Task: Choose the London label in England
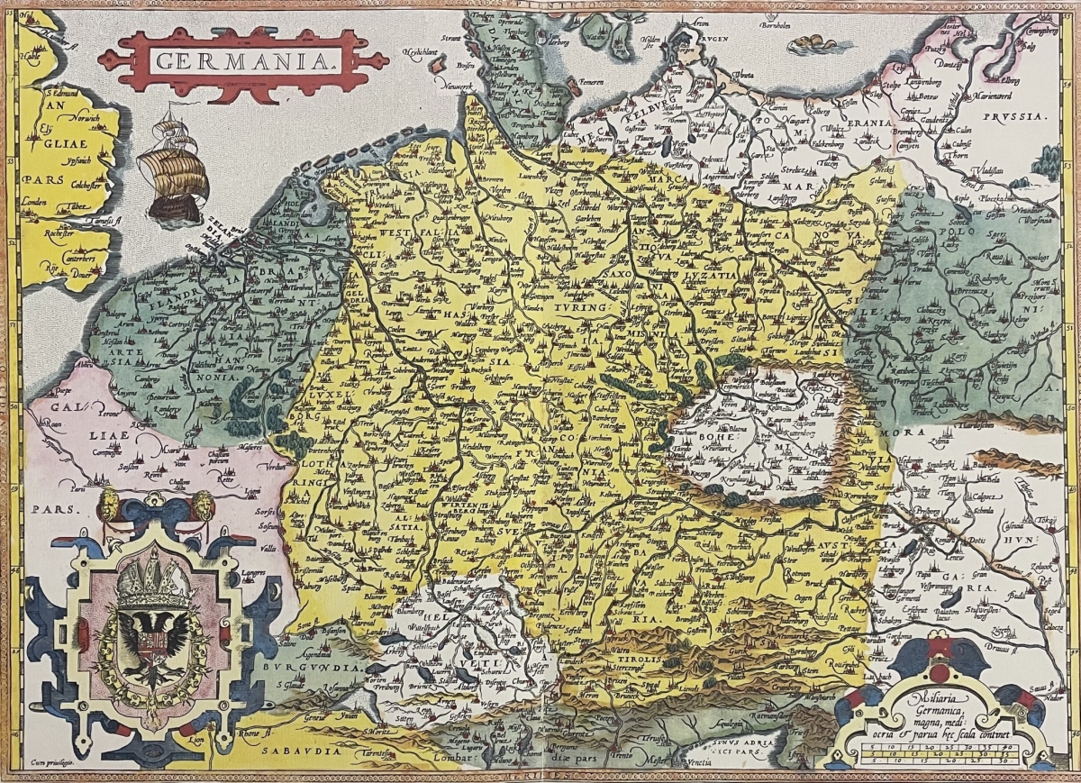[35, 201]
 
